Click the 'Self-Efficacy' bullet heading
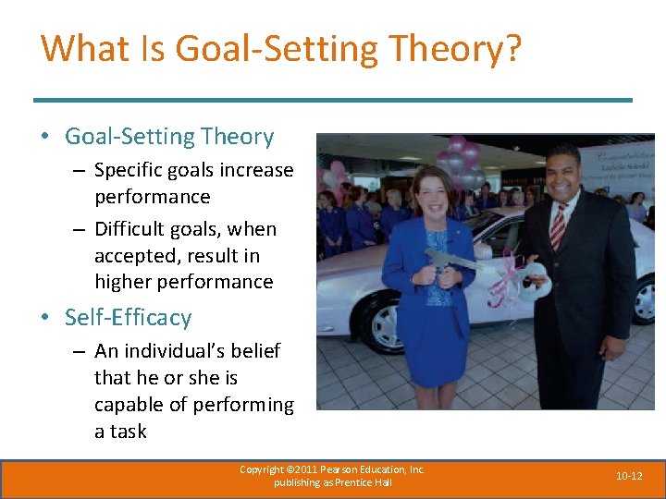[x=128, y=318]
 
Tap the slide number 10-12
[x=629, y=476]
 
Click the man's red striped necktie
[x=557, y=225]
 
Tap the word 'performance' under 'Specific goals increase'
[x=153, y=197]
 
